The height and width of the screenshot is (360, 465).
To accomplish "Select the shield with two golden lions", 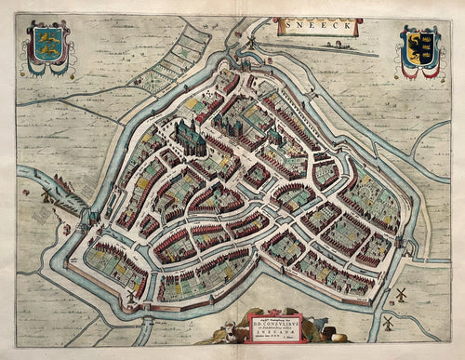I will tap(47, 47).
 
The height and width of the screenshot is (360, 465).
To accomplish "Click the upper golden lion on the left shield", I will tap(47, 40).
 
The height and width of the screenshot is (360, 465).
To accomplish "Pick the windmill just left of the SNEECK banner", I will tap(248, 41).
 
